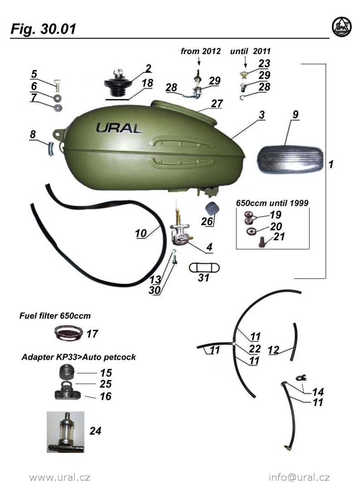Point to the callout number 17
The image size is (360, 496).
tap(93, 334)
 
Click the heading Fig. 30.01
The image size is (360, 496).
tap(43, 29)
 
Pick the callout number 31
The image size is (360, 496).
tap(203, 278)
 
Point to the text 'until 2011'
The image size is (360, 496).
tap(250, 51)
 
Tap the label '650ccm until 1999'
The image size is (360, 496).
tap(272, 203)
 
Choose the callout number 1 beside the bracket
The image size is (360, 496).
tap(331, 165)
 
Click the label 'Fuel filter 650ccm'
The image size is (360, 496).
tap(55, 316)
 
